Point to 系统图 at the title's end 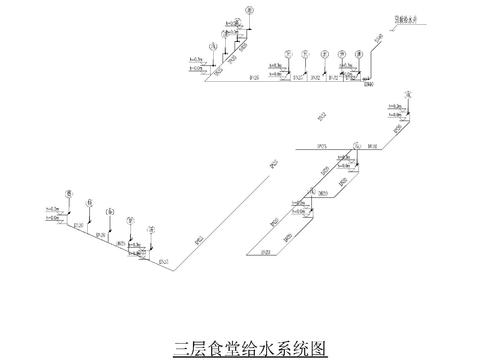[x=289, y=349]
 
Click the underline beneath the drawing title [x=240, y=358]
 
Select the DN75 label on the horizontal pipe [x=323, y=146]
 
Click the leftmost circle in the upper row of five [x=287, y=54]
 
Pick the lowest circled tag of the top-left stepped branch [x=211, y=47]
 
